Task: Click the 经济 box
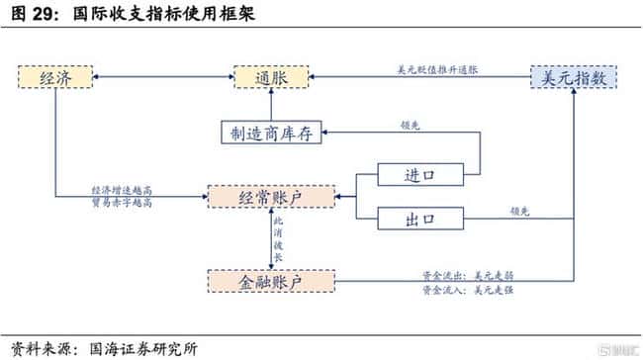(x=55, y=78)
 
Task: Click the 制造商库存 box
(x=271, y=135)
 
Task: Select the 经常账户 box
(x=271, y=197)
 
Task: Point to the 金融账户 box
(x=271, y=281)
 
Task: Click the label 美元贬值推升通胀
(x=436, y=69)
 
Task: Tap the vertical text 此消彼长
(x=279, y=238)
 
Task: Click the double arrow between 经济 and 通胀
(x=163, y=77)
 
